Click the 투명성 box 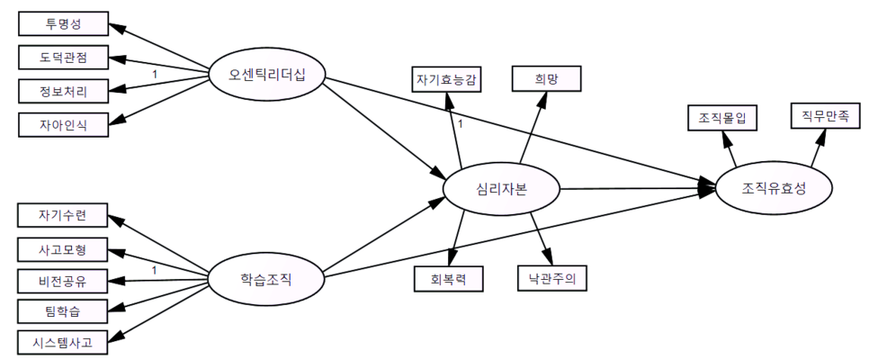tap(63, 24)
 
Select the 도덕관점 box tap(63, 58)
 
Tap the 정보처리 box tap(63, 90)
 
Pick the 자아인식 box tap(63, 122)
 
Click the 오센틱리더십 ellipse tap(267, 75)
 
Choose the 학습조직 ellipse tap(266, 278)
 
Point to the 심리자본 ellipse tap(501, 189)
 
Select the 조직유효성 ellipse tap(773, 189)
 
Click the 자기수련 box tap(63, 216)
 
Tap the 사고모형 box tap(63, 248)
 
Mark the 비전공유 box tap(63, 280)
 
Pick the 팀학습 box tap(63, 310)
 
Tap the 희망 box tap(547, 79)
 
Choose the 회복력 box tap(448, 279)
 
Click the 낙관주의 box tap(552, 279)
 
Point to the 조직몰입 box tap(722, 118)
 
